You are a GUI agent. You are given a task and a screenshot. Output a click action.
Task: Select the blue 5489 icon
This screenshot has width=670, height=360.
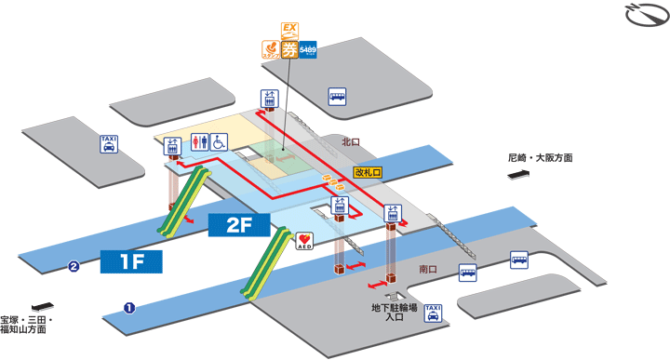(x=308, y=51)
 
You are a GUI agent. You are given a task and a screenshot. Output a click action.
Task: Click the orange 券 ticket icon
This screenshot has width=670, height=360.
(x=289, y=51)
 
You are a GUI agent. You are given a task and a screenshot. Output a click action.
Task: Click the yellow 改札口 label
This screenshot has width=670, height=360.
(x=368, y=172)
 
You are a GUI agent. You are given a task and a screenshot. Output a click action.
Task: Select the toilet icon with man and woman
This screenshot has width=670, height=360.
(x=200, y=142)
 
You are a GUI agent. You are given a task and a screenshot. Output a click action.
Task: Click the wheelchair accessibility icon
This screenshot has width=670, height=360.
(x=219, y=142)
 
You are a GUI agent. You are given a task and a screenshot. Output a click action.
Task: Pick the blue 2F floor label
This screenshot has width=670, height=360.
(x=237, y=224)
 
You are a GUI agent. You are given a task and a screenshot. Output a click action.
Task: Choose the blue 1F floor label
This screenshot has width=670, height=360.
(x=131, y=260)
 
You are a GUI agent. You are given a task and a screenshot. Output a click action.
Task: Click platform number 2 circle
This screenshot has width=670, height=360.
(x=73, y=269)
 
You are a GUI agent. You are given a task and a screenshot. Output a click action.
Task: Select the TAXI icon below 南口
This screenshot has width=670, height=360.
(x=433, y=313)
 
